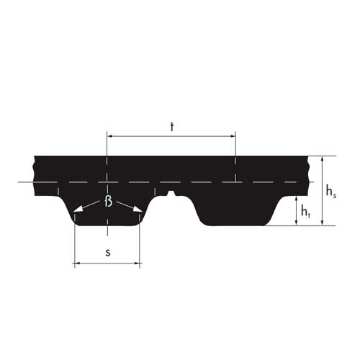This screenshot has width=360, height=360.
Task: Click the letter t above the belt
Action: [x=172, y=127]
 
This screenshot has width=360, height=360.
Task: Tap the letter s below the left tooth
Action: [x=108, y=253]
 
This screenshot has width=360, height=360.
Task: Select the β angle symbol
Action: [x=109, y=202]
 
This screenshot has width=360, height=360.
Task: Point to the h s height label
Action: [x=331, y=192]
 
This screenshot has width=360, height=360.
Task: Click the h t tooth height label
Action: [x=306, y=212]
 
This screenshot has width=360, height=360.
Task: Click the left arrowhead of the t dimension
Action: [x=110, y=136]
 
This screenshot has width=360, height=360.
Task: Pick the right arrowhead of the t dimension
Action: [x=233, y=136]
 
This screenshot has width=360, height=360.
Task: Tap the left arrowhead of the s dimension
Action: [x=78, y=264]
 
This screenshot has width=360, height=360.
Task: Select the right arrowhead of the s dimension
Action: [x=137, y=264]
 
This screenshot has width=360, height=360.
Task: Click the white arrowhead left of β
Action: [x=78, y=209]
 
